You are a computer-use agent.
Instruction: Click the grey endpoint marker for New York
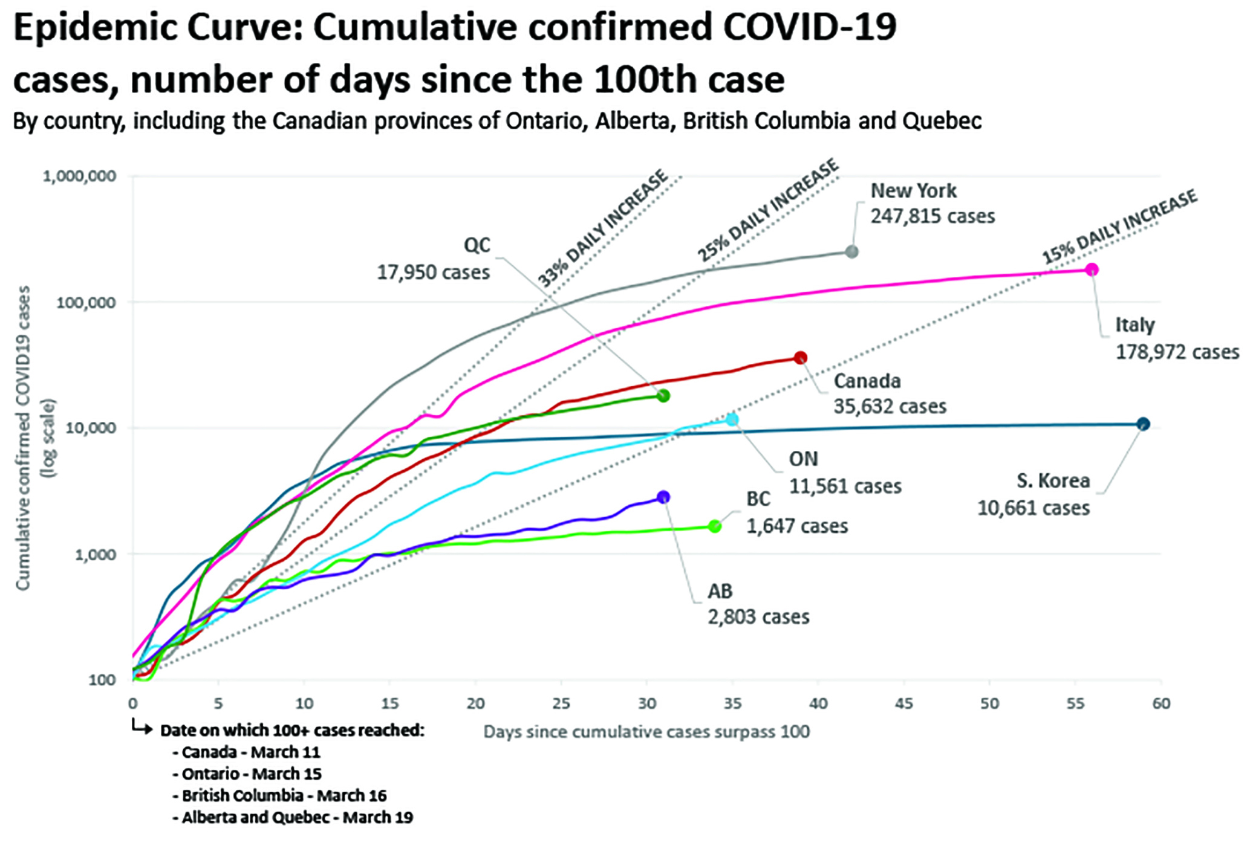coord(851,252)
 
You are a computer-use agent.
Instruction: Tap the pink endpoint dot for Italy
coord(1091,270)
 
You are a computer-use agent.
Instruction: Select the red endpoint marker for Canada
coord(800,358)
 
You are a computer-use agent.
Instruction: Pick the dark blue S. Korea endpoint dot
coord(1143,424)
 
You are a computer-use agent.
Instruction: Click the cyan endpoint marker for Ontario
coord(732,419)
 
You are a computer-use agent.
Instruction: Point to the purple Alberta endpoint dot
coord(663,497)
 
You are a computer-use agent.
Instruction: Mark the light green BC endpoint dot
coord(715,526)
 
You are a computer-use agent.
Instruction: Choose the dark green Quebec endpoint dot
coord(663,396)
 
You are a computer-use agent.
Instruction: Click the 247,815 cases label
coord(933,216)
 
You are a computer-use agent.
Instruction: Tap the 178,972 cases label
coord(1177,352)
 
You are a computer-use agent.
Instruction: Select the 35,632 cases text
coord(890,406)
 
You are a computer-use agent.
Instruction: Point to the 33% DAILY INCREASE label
coord(603,228)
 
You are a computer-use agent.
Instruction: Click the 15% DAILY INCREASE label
coord(1119,226)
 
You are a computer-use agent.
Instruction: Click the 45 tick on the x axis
coord(903,703)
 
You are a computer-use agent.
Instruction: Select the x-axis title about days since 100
coord(646,732)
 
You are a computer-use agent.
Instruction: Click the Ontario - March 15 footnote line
coord(251,774)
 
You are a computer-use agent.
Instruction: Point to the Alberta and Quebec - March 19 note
coord(297,818)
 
